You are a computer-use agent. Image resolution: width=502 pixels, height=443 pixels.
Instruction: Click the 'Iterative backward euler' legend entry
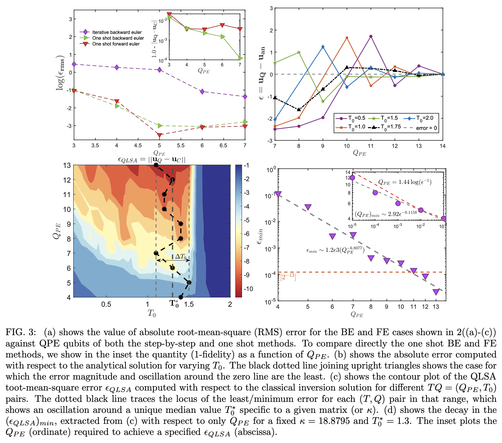pyautogui.click(x=117, y=32)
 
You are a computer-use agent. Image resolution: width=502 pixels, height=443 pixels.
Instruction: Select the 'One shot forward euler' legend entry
pyautogui.click(x=116, y=44)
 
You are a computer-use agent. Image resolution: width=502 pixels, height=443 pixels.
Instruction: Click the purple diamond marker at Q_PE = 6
pyautogui.click(x=202, y=92)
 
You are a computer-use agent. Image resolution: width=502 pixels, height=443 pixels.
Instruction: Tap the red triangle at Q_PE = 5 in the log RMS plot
pyautogui.click(x=159, y=135)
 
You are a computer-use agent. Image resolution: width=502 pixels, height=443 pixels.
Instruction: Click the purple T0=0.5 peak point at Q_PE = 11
pyautogui.click(x=371, y=37)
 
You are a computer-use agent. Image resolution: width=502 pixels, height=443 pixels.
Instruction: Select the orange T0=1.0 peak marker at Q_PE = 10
pyautogui.click(x=347, y=38)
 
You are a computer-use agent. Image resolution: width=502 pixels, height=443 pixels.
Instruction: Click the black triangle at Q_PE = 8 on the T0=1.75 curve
pyautogui.click(x=299, y=109)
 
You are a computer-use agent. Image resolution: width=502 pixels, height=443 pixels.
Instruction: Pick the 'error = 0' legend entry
pyautogui.click(x=426, y=128)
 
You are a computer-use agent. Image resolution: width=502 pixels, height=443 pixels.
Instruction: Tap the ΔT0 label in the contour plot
pyautogui.click(x=180, y=256)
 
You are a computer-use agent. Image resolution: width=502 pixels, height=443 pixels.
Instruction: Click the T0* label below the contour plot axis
pyautogui.click(x=174, y=304)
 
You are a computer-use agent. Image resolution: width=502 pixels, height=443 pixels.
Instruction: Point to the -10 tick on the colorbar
pyautogui.click(x=248, y=289)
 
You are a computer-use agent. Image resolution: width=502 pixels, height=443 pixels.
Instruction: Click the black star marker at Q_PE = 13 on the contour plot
pyautogui.click(x=156, y=165)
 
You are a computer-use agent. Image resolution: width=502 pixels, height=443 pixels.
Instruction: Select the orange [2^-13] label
pyautogui.click(x=288, y=277)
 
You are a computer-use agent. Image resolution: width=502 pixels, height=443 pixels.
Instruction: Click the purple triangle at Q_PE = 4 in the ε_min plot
pyautogui.click(x=278, y=194)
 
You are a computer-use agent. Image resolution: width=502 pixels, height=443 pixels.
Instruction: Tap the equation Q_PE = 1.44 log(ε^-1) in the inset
pyautogui.click(x=405, y=182)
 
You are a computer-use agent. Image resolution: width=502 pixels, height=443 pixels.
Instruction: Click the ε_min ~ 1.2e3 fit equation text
pyautogui.click(x=335, y=250)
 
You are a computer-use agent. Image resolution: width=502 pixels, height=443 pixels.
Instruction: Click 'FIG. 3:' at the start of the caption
pyautogui.click(x=21, y=332)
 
